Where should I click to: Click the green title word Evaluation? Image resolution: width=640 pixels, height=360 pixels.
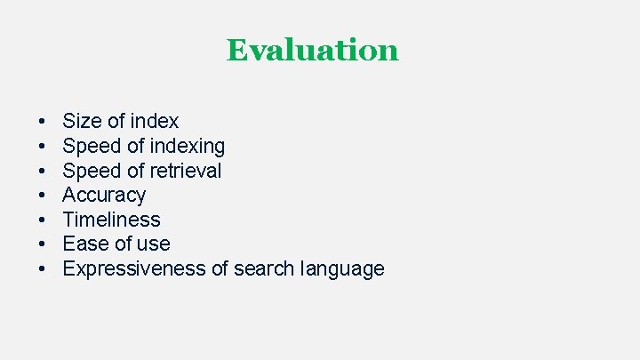312,50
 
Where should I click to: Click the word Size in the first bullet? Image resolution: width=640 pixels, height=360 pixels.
81,121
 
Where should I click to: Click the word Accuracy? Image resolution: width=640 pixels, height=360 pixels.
104,195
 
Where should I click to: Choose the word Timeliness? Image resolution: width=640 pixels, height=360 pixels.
111,220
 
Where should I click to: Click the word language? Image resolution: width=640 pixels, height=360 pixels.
342,268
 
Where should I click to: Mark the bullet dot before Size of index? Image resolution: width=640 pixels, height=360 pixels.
43,122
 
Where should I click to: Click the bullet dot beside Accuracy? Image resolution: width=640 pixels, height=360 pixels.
43,196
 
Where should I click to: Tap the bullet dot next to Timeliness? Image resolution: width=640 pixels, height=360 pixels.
43,220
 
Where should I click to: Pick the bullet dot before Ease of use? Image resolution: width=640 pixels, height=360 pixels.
43,244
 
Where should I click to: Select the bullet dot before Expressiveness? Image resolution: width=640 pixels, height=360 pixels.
43,269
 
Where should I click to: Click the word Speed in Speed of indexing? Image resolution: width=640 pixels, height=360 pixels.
89,146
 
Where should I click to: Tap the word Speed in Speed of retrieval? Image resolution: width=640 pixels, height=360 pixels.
89,170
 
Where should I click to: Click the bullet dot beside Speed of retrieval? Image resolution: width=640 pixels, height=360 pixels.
43,171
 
